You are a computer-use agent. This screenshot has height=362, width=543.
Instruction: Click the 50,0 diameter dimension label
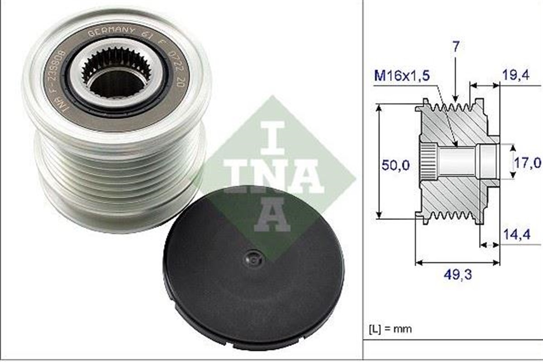click(x=395, y=165)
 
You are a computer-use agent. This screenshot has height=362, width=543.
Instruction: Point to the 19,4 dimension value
click(x=515, y=76)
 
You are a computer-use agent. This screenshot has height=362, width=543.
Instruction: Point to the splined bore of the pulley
click(x=117, y=77)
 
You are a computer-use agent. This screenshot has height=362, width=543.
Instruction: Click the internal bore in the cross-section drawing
click(x=457, y=162)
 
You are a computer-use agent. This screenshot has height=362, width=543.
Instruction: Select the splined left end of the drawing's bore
click(x=427, y=162)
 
